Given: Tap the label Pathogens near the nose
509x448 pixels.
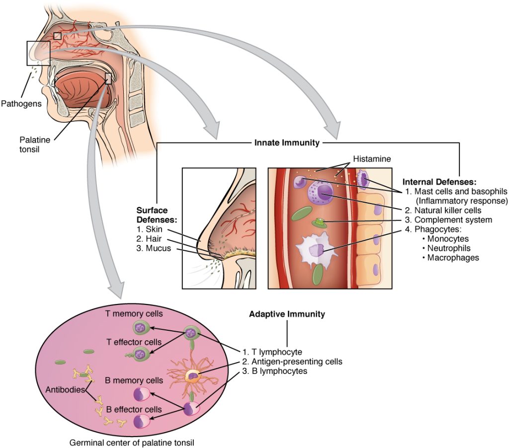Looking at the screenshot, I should pos(21,103).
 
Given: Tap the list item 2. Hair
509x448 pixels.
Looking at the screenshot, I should pos(151,239).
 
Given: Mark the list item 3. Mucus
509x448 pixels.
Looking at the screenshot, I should pos(154,248).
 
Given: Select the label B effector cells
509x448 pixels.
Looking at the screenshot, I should pos(134,409).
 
